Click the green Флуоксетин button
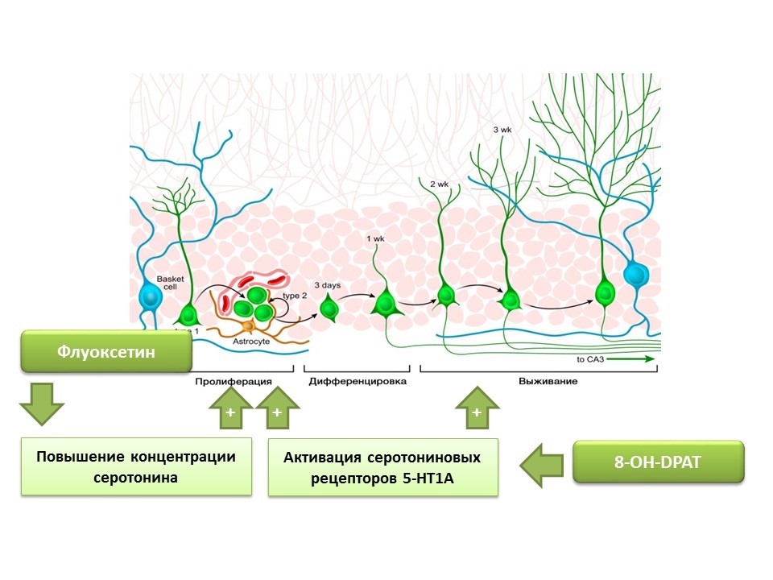coord(106,351)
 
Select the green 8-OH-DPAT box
coord(657,462)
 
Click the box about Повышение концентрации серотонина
coord(135,466)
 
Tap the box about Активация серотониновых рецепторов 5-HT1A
coord(382,466)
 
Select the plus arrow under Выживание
coord(477,408)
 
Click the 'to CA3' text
coord(594,359)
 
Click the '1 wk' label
coord(375,238)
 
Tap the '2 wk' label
coord(439,184)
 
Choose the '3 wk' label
coord(503,129)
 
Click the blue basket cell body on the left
coord(151,296)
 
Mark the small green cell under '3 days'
coord(329,309)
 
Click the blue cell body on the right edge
coord(635,275)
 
